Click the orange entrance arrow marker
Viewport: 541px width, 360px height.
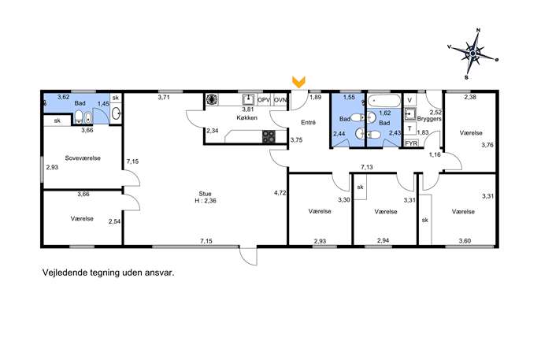coord(298,81)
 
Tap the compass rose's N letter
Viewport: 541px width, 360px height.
coord(478,31)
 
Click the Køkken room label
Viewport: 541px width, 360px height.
coord(246,117)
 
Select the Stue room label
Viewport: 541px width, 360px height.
coord(205,194)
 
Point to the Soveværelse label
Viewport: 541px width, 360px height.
coord(83,158)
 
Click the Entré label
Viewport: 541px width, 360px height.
coord(308,122)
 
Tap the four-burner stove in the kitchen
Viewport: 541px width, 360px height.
coord(269,136)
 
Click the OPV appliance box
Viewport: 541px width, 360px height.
coord(264,100)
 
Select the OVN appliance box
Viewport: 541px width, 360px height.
coord(280,100)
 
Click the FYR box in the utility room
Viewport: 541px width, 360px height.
coord(411,143)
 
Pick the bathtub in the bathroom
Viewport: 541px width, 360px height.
coord(384,101)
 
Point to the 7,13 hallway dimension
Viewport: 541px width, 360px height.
coord(367,167)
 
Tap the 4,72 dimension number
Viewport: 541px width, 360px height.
coord(280,193)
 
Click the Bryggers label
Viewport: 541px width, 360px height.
coord(429,119)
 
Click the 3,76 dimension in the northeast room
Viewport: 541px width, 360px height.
coord(487,145)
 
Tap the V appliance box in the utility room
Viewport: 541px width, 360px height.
coord(409,100)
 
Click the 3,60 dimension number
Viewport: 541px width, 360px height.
coord(465,241)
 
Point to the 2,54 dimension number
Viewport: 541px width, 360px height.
coord(114,221)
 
